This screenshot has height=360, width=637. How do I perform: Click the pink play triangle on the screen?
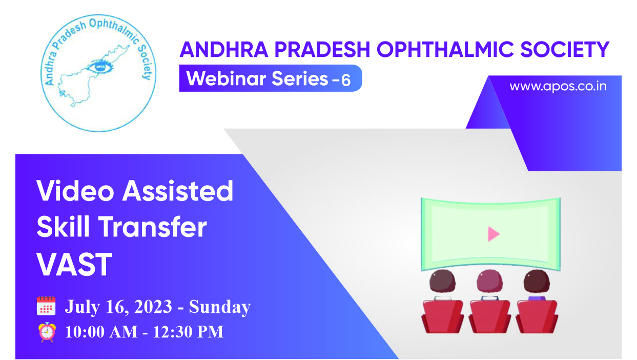click(x=494, y=234)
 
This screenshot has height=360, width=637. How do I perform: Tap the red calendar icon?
click(x=46, y=306)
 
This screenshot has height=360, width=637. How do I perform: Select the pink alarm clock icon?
click(x=47, y=332)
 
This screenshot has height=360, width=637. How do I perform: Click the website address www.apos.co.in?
click(x=558, y=86)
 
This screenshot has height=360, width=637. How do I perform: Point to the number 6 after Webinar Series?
click(x=346, y=80)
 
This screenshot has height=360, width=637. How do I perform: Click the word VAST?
click(x=74, y=265)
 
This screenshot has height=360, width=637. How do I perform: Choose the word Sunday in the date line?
click(x=220, y=307)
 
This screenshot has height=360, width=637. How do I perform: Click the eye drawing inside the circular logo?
click(x=99, y=67)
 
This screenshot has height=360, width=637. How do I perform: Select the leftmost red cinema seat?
click(x=442, y=316)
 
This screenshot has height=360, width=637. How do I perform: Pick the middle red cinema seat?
click(x=490, y=316)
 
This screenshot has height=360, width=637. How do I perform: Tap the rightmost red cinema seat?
click(x=537, y=316)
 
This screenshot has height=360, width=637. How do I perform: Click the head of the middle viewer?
click(x=490, y=281)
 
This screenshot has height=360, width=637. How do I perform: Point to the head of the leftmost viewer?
click(x=442, y=281)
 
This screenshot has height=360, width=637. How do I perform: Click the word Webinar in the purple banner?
click(x=227, y=78)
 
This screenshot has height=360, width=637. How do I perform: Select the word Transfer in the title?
click(x=153, y=227)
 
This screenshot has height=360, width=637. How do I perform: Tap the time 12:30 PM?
click(x=188, y=332)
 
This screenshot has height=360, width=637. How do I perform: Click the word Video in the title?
click(x=75, y=191)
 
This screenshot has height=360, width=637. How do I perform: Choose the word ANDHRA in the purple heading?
click(x=224, y=49)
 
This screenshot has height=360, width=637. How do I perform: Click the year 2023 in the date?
click(x=153, y=307)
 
